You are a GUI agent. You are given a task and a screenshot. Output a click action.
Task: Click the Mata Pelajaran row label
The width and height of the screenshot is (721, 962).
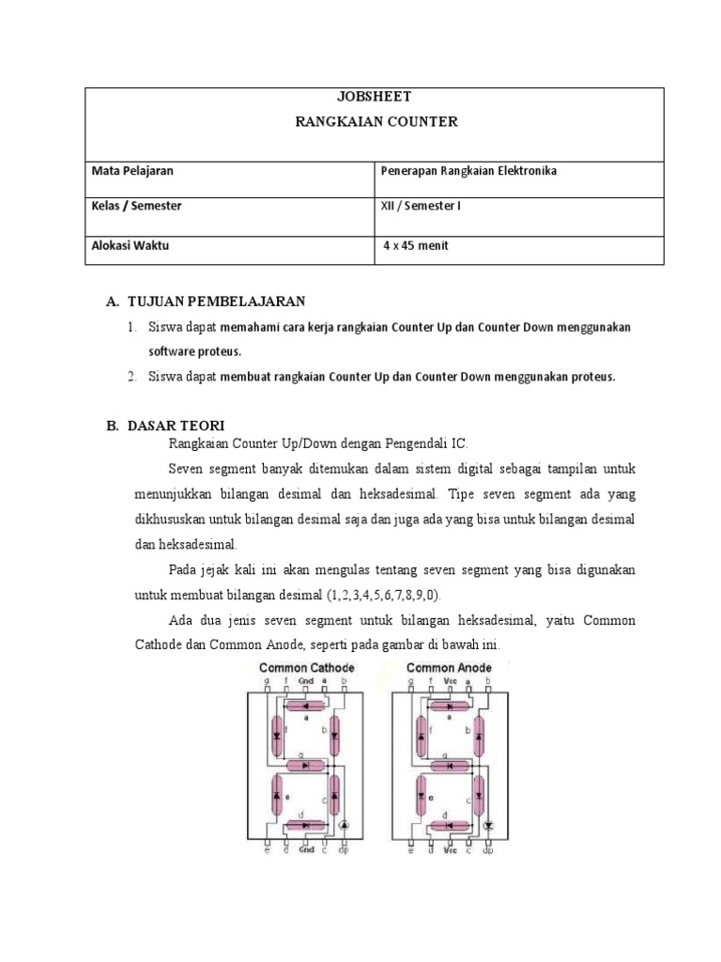click(132, 171)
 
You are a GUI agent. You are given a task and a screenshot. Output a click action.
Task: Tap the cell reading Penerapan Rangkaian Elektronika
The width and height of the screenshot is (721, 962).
click(468, 171)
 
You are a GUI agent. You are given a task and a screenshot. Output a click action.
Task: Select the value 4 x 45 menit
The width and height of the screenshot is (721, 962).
click(417, 245)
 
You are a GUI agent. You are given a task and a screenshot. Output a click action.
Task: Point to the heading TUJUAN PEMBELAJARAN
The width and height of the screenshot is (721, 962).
click(215, 302)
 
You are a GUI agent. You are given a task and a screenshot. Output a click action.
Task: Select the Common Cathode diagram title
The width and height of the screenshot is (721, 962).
click(307, 668)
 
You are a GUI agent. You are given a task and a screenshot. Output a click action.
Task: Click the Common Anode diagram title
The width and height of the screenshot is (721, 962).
click(449, 668)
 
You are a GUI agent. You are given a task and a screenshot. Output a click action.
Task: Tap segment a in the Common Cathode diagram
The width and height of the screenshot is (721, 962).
click(306, 706)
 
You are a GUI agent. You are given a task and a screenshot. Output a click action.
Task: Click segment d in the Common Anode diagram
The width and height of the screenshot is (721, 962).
click(450, 826)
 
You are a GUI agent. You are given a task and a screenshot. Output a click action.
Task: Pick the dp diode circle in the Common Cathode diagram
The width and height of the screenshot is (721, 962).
click(344, 823)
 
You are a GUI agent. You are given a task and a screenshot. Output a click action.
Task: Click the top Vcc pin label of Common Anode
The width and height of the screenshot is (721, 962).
click(451, 680)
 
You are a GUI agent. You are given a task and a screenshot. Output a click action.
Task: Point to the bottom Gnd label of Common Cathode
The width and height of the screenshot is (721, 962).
click(306, 851)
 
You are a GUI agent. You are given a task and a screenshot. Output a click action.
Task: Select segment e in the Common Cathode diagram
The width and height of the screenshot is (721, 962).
click(277, 795)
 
